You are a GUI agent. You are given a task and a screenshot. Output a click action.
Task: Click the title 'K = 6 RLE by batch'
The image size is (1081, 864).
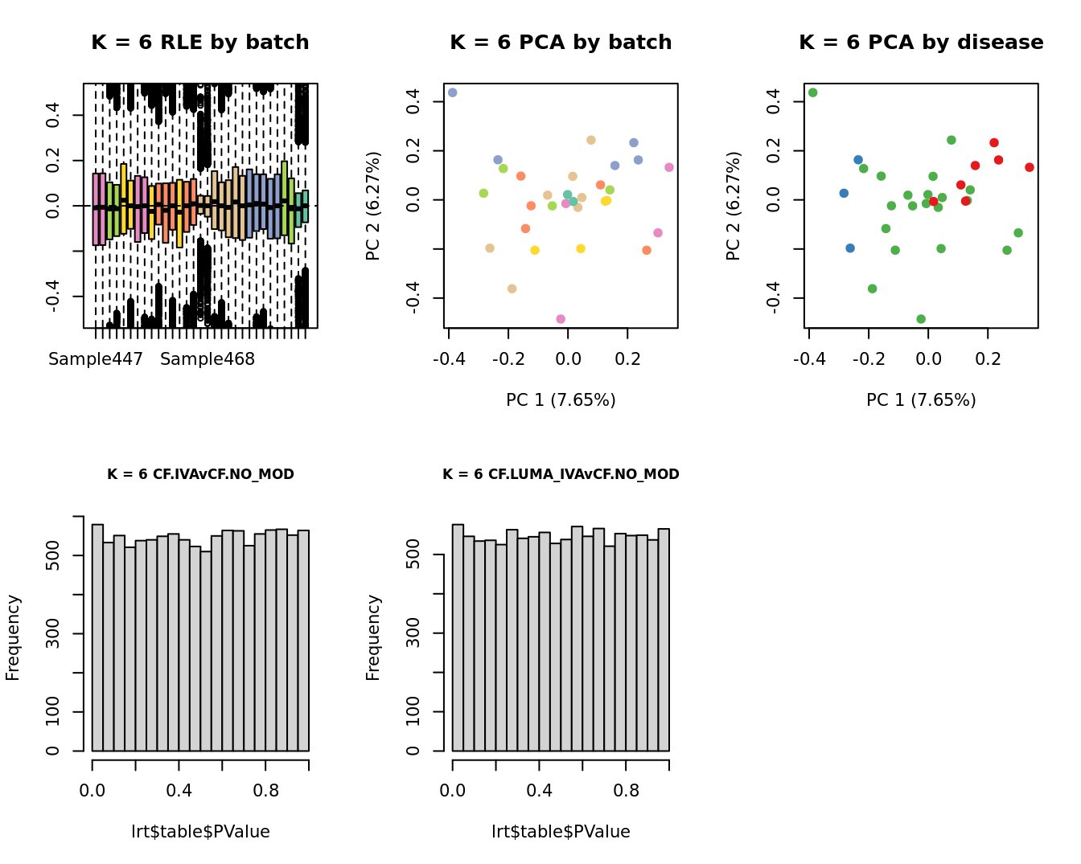pos(199,43)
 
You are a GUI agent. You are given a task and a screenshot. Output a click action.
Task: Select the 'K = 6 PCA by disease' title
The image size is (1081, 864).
pos(921,43)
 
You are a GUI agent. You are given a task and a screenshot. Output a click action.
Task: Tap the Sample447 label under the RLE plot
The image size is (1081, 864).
pos(96,359)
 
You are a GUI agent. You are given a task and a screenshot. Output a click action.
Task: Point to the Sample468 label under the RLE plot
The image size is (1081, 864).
pos(208,359)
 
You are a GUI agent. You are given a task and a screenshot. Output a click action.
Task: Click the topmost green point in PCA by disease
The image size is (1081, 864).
pos(812,92)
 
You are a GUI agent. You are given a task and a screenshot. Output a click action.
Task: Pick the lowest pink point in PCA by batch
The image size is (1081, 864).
pos(561,319)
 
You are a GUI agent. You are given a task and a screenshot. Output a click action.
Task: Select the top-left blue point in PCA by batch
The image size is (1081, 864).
pos(452,92)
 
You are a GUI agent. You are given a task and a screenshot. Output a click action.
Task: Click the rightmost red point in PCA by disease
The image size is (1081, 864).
pos(1030,167)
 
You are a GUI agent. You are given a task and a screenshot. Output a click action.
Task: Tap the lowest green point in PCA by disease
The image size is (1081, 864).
pos(921,319)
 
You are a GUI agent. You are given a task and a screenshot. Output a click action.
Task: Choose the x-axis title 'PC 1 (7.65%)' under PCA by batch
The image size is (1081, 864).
pos(561,400)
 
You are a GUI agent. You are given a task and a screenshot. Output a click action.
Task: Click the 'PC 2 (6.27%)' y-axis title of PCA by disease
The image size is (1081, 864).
pos(733,207)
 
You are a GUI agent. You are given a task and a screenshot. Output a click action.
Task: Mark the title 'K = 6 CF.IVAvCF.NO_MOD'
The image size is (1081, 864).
pos(200,474)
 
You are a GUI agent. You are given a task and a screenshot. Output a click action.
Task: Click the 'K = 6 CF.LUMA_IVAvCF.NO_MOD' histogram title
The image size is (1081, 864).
pos(561,474)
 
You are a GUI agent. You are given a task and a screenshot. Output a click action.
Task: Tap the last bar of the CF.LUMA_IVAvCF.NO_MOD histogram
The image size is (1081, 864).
pos(664,640)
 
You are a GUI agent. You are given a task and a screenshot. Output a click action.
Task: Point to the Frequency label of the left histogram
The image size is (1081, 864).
pos(13,637)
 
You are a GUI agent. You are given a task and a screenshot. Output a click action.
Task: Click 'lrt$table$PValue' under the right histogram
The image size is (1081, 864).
pos(561,832)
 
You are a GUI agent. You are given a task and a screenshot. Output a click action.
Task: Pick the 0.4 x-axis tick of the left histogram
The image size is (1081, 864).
pos(179,791)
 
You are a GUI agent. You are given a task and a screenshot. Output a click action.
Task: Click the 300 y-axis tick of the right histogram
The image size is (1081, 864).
pos(413,633)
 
